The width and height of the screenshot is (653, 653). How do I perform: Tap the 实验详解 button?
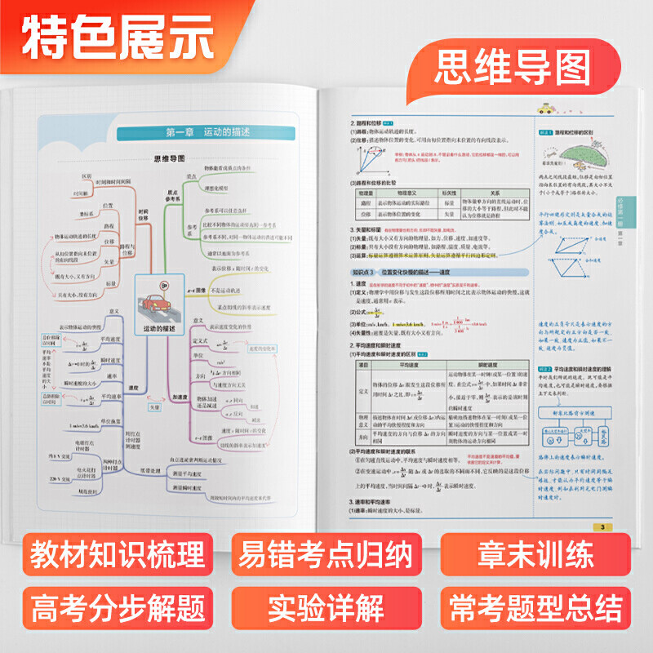(326, 607)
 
